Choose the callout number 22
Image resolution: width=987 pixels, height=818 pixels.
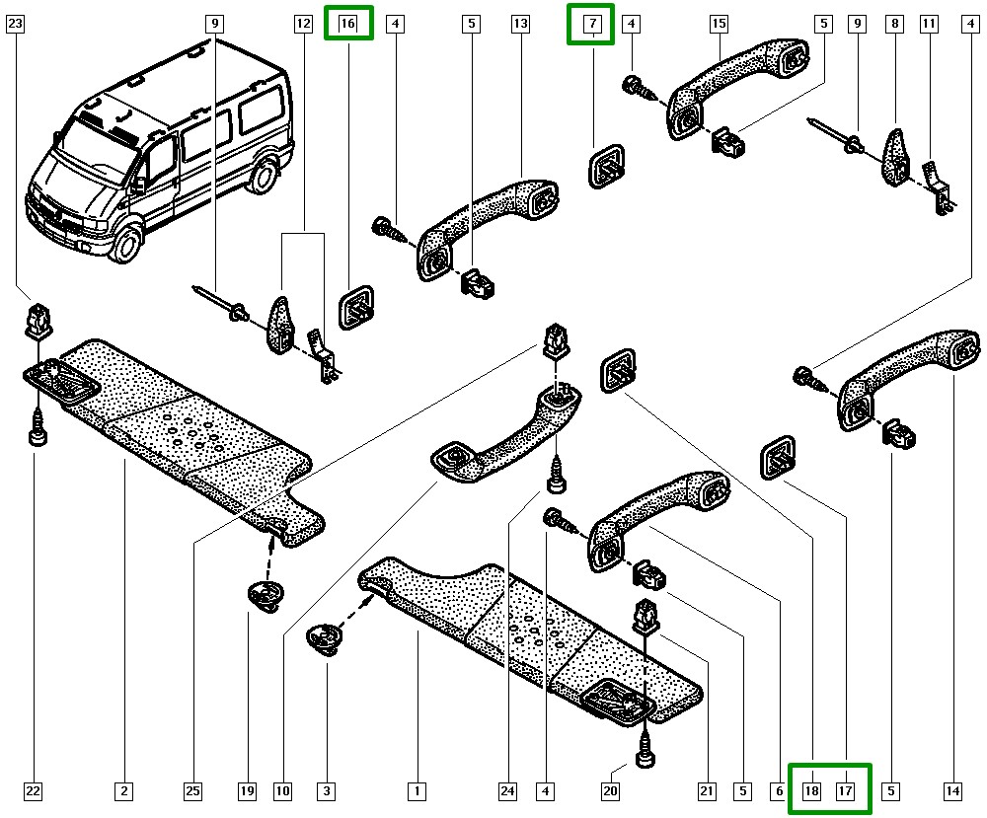point(34,790)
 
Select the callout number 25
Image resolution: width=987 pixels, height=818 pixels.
point(192,790)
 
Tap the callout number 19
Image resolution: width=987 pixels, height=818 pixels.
point(246,790)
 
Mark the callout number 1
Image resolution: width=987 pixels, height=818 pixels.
point(418,790)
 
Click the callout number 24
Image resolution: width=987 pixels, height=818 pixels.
point(507,790)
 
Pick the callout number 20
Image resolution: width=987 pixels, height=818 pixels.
point(611,790)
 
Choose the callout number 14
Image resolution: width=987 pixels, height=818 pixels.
point(951,790)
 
